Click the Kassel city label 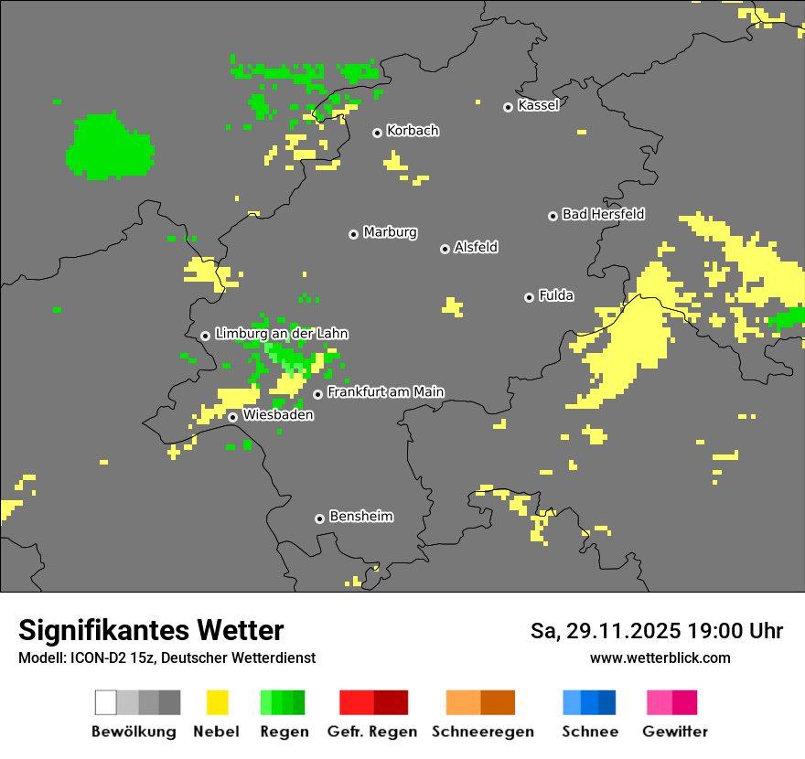pyautogui.click(x=538, y=105)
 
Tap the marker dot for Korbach pyautogui.click(x=377, y=133)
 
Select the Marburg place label pyautogui.click(x=390, y=232)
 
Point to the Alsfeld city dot pyautogui.click(x=445, y=249)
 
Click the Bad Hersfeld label pyautogui.click(x=603, y=214)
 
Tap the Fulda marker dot pyautogui.click(x=529, y=297)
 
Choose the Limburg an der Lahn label pyautogui.click(x=281, y=334)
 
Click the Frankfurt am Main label pyautogui.click(x=385, y=391)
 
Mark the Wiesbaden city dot pyautogui.click(x=233, y=417)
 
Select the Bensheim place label pyautogui.click(x=360, y=516)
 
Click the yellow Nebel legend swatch pyautogui.click(x=217, y=702)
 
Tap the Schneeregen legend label pyautogui.click(x=482, y=732)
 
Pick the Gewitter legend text pyautogui.click(x=675, y=732)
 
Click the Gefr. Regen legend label pyautogui.click(x=372, y=732)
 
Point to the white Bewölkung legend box pyautogui.click(x=106, y=702)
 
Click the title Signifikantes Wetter pyautogui.click(x=151, y=630)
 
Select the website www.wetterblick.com pyautogui.click(x=660, y=657)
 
